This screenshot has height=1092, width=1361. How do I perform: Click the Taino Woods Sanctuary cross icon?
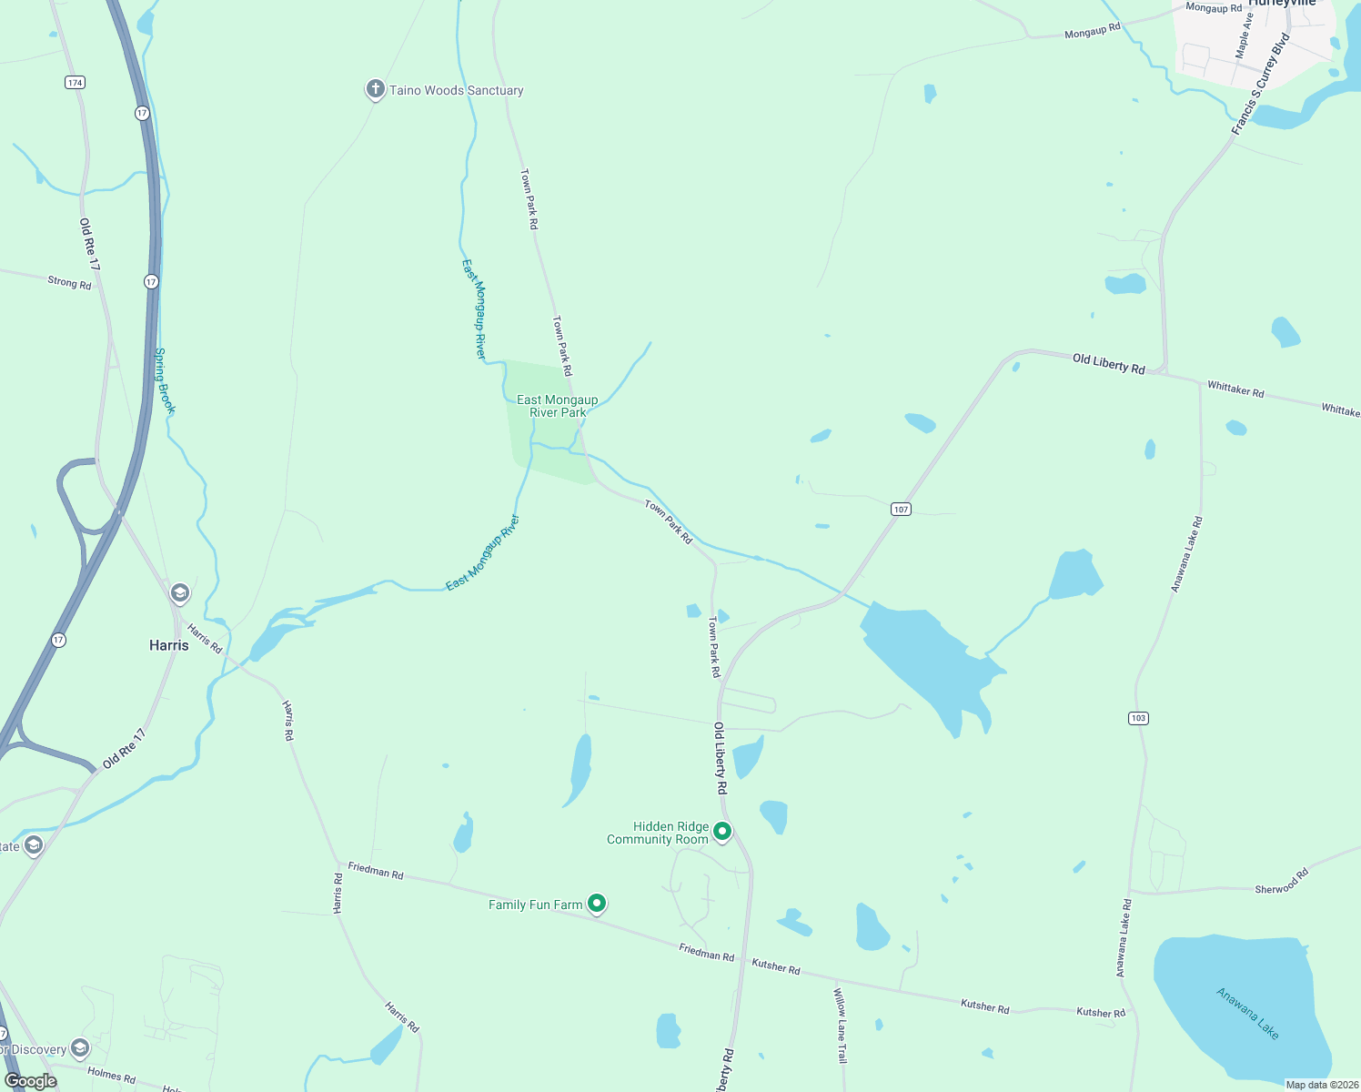point(375,89)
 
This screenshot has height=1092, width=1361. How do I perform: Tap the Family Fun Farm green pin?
point(597,904)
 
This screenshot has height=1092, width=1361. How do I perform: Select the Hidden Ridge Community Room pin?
point(722,831)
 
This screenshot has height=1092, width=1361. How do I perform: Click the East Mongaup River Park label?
point(557,406)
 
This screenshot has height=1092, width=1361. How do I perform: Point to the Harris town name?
point(169,645)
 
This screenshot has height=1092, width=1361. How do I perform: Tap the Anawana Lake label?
point(1248,1014)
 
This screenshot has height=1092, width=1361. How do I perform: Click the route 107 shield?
point(901,509)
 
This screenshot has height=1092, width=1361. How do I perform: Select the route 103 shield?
point(1138,718)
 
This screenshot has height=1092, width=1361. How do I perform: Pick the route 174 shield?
point(75,83)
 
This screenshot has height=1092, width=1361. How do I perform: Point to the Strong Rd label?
point(70,283)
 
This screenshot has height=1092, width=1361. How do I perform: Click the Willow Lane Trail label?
point(841,1026)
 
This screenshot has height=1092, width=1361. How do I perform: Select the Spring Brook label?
point(164,381)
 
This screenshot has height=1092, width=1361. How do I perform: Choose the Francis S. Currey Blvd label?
point(1261,85)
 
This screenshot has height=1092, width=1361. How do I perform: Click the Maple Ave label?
point(1244,35)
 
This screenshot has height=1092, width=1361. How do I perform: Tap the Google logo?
point(31,1081)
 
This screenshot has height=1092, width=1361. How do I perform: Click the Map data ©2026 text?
point(1321,1085)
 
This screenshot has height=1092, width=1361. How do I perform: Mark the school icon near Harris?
point(180,594)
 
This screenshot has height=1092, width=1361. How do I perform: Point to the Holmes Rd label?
point(111,1075)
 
